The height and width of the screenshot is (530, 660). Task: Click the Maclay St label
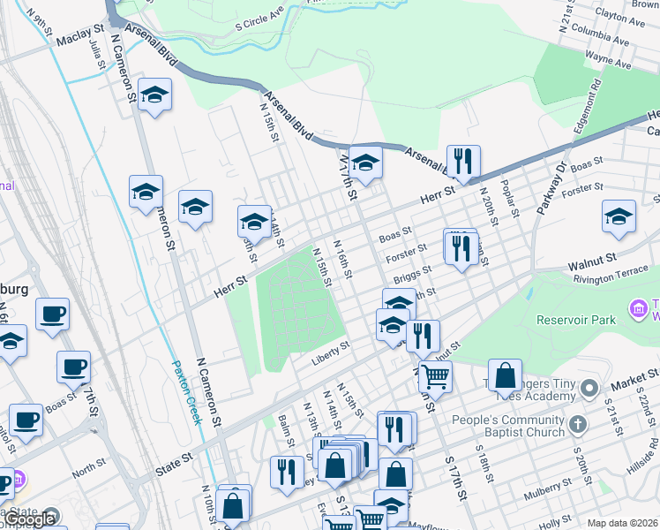[79, 42]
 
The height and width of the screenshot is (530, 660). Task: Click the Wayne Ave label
[609, 61]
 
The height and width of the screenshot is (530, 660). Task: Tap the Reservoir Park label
[580, 320]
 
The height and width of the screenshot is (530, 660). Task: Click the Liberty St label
[331, 360]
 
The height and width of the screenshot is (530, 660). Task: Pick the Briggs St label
[412, 276]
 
